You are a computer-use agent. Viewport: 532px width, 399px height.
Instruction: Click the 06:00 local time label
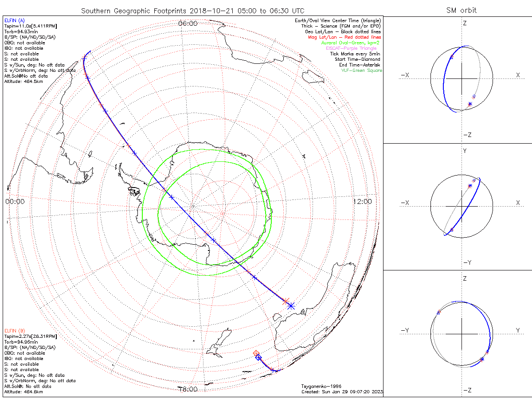click(x=188, y=23)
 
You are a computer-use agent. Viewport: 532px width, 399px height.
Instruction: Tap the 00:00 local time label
click(x=15, y=201)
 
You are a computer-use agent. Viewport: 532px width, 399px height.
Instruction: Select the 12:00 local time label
click(x=363, y=201)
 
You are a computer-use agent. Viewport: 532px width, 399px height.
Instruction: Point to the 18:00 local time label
click(x=188, y=389)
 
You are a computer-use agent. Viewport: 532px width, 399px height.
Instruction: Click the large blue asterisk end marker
click(x=291, y=305)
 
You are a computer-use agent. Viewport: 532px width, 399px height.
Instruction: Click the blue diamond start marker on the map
click(x=258, y=357)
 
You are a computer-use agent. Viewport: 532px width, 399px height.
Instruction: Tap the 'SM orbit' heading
click(x=462, y=10)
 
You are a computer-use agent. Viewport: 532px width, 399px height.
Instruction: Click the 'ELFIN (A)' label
click(x=14, y=21)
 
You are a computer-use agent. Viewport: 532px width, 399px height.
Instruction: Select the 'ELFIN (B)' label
click(x=14, y=331)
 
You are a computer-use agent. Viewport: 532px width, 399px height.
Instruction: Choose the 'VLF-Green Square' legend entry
click(x=361, y=70)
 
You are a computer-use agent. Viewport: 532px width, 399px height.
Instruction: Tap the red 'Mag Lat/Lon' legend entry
click(x=344, y=37)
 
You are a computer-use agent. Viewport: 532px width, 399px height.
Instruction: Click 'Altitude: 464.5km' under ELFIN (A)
click(x=23, y=82)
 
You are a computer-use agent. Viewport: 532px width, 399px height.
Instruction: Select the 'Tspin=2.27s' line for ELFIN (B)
click(x=30, y=336)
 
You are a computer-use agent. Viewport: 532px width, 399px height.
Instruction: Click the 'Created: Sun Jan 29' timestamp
click(x=342, y=392)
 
